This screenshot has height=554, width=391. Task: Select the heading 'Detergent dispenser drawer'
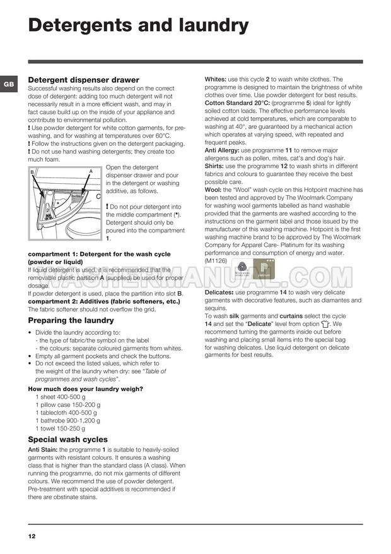click(x=83, y=80)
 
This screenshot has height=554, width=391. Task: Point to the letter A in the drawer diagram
click(x=91, y=171)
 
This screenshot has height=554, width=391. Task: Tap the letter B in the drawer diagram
click(x=32, y=172)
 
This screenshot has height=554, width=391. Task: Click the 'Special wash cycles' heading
click(x=67, y=439)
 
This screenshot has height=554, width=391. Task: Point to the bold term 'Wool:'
click(x=213, y=190)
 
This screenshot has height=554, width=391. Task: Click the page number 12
click(x=32, y=536)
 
